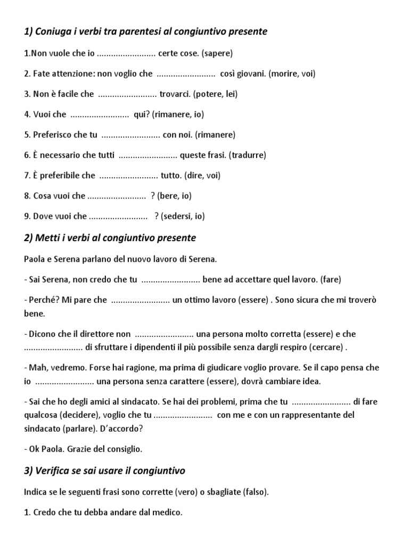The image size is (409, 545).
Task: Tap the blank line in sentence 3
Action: (128, 94)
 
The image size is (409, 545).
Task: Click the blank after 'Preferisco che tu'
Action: (130, 135)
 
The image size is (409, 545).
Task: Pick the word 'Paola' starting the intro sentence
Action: (35, 259)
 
